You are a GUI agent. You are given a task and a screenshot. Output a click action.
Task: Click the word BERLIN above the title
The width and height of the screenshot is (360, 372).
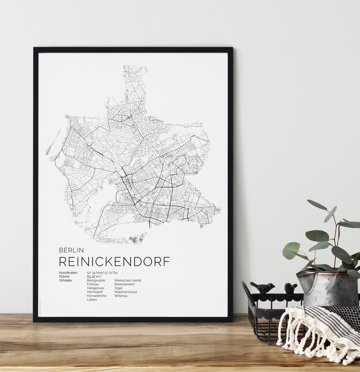coord(71,250)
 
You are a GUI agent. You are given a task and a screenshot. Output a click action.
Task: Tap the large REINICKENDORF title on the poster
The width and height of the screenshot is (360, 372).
coord(114,262)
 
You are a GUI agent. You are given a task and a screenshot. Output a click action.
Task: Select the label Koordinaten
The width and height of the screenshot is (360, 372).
coord(68,273)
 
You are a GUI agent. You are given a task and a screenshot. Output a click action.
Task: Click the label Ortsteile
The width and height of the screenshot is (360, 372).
coord(66,280)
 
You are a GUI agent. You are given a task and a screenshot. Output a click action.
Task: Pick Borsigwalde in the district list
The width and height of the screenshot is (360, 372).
coord(96,280)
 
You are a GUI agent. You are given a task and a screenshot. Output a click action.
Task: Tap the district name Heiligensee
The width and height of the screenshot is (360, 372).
coord(96,288)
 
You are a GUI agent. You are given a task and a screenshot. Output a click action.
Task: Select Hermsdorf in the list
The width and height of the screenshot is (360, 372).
coord(95,292)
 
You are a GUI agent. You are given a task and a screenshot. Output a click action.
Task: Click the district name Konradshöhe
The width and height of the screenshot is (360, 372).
coord(97,296)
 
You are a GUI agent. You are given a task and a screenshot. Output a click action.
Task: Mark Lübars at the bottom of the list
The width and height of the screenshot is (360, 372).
coord(92,300)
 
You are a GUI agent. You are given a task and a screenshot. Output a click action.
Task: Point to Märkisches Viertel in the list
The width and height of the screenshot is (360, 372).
coord(128,280)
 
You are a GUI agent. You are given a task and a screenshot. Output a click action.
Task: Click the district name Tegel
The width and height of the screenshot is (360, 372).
coord(118,288)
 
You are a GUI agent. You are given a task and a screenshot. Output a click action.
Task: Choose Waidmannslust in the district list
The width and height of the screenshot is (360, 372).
coord(126,292)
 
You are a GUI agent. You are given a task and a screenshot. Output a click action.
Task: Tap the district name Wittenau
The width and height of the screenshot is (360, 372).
coord(121,296)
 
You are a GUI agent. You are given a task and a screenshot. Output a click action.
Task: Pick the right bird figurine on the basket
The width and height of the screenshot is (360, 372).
coord(291,288)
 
